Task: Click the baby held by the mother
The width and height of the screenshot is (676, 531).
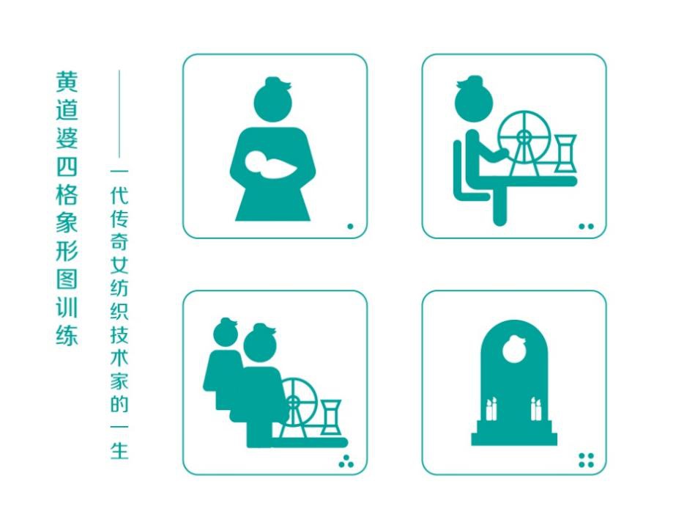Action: (x=270, y=164)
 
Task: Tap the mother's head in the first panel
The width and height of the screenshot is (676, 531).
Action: (x=272, y=99)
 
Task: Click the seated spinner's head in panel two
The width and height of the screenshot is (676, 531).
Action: (x=473, y=99)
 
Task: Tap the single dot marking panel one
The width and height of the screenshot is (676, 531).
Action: (x=350, y=226)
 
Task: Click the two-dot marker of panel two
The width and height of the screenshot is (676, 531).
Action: (x=586, y=226)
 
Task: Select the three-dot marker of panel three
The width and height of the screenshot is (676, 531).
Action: (x=346, y=461)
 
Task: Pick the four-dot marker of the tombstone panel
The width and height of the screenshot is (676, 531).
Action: (x=586, y=460)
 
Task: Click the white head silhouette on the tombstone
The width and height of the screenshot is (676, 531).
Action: (x=514, y=349)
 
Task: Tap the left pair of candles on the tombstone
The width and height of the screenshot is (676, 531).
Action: (x=491, y=409)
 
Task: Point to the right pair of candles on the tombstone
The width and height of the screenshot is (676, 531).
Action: (x=536, y=409)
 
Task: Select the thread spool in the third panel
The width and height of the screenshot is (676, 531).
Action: (x=331, y=417)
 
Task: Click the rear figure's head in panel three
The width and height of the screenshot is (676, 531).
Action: (x=226, y=332)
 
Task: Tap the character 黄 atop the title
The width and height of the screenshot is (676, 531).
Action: (x=67, y=81)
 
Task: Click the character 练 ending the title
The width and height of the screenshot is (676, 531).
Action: (x=67, y=334)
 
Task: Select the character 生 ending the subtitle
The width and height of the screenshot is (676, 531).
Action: (x=119, y=450)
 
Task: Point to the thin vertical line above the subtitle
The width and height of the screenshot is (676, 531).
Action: (x=119, y=114)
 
